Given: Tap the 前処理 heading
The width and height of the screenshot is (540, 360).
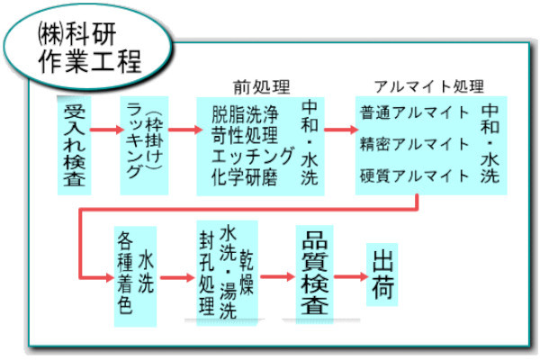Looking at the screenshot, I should (x=260, y=88).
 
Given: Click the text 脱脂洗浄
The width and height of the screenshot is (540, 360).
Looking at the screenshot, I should (x=246, y=114).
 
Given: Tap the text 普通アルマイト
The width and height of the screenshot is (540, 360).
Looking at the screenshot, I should (x=414, y=113).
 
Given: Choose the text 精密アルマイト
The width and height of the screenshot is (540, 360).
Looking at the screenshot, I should (x=414, y=143).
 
